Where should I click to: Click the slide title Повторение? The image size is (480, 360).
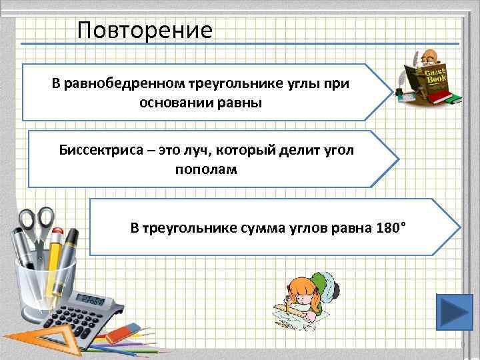point(144,30)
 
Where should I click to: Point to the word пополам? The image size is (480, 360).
point(205,169)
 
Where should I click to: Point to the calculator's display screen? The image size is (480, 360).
point(92,299)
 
